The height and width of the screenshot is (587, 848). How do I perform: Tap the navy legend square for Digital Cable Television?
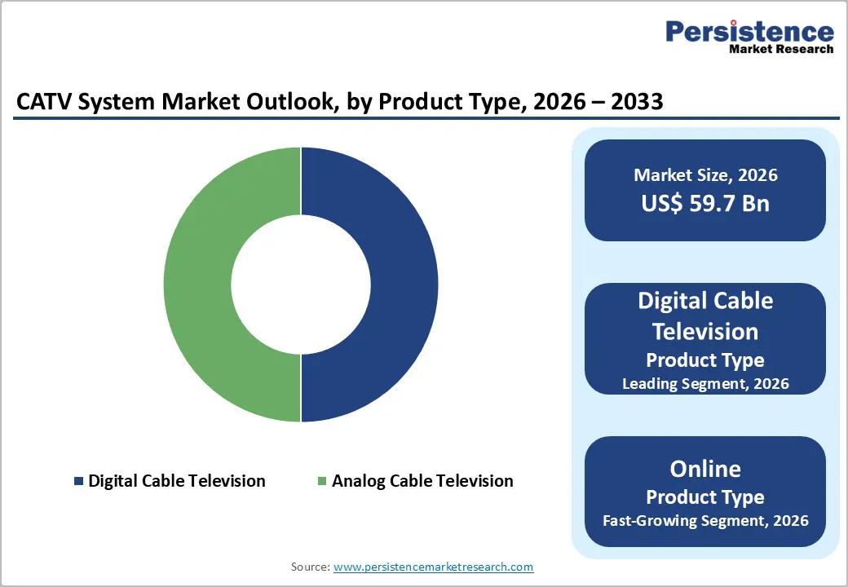click(x=78, y=481)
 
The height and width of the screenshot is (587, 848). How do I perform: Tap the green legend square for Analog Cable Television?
click(x=321, y=481)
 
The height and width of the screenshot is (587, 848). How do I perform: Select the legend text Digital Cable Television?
click(x=177, y=481)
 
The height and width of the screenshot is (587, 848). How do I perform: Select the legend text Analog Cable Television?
click(x=422, y=481)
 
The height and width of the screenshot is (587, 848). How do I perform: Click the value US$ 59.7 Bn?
click(x=705, y=203)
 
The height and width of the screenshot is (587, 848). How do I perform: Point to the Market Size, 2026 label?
click(x=705, y=175)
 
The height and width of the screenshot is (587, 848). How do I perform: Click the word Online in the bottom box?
click(x=705, y=469)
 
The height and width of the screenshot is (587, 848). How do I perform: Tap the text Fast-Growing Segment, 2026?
click(x=705, y=520)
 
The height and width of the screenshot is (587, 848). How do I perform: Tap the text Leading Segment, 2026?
click(x=705, y=383)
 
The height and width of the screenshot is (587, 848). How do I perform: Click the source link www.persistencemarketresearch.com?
click(x=434, y=567)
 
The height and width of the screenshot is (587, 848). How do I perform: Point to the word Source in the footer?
click(x=309, y=567)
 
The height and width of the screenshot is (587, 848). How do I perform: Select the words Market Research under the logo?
click(x=781, y=49)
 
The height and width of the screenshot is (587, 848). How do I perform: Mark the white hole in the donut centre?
click(x=301, y=285)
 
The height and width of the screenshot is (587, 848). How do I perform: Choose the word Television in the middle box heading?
click(x=705, y=331)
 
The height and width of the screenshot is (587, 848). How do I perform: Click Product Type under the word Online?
click(x=705, y=497)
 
